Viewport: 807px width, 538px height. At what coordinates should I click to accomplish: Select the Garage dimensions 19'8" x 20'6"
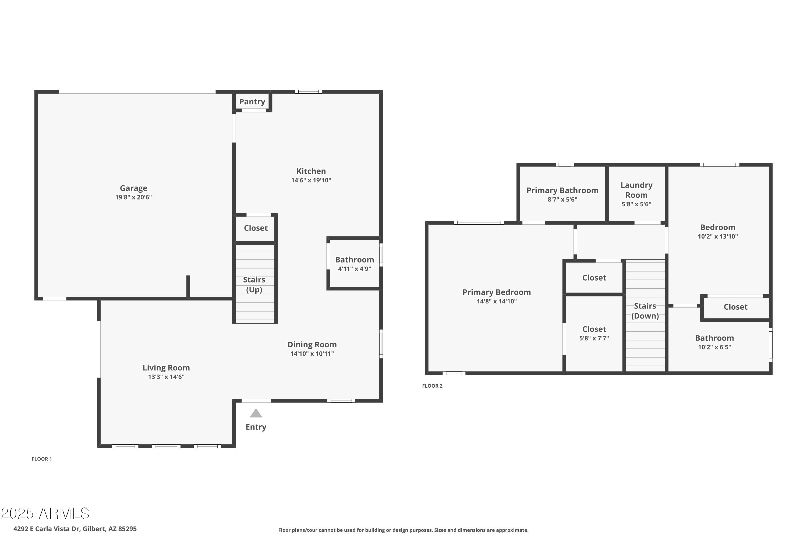coord(133,197)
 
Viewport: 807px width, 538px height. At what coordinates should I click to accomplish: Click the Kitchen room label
coord(311,171)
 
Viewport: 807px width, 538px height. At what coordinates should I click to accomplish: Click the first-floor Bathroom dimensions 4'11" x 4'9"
coord(355,269)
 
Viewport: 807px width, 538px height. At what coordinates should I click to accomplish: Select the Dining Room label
coord(312,345)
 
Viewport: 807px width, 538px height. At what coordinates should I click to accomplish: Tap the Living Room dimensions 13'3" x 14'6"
coord(166,377)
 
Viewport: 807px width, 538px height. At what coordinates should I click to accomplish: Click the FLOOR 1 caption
coord(41,459)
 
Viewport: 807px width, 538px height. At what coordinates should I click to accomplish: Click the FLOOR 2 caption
coord(432,386)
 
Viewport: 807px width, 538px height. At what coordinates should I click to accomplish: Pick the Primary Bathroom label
coord(562,190)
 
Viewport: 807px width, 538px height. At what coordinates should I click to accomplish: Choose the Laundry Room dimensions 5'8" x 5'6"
coord(636,204)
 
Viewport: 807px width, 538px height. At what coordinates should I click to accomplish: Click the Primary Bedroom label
coord(497,292)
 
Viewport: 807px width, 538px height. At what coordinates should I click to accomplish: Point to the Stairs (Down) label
coord(645,311)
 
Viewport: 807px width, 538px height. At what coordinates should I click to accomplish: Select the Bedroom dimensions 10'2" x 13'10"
coord(717,236)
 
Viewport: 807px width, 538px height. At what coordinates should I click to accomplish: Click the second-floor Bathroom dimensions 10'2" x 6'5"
coord(714,347)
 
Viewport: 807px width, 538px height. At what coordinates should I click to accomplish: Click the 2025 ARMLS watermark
coord(45,514)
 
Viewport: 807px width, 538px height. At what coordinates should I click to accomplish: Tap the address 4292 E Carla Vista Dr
coord(75,529)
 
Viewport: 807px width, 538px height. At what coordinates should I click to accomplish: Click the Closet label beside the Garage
coord(256,228)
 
